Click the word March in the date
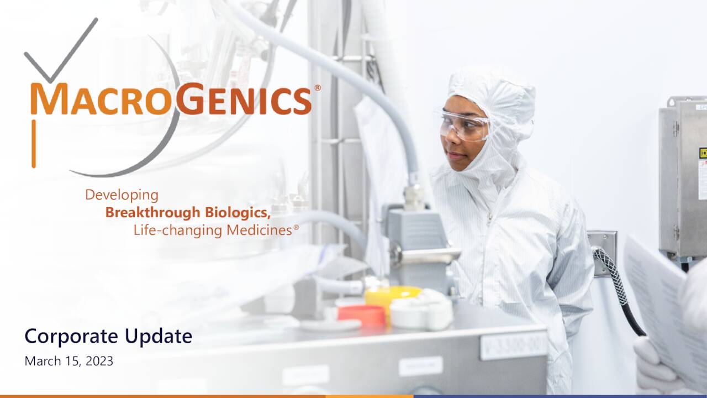(40, 362)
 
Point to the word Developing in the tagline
(122, 195)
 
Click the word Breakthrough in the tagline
(153, 212)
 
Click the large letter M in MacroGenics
(49, 99)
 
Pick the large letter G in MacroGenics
(189, 99)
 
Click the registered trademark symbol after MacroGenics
(318, 88)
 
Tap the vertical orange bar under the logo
(34, 143)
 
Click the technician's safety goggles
(465, 125)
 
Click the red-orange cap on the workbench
(362, 315)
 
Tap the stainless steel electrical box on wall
(682, 177)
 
